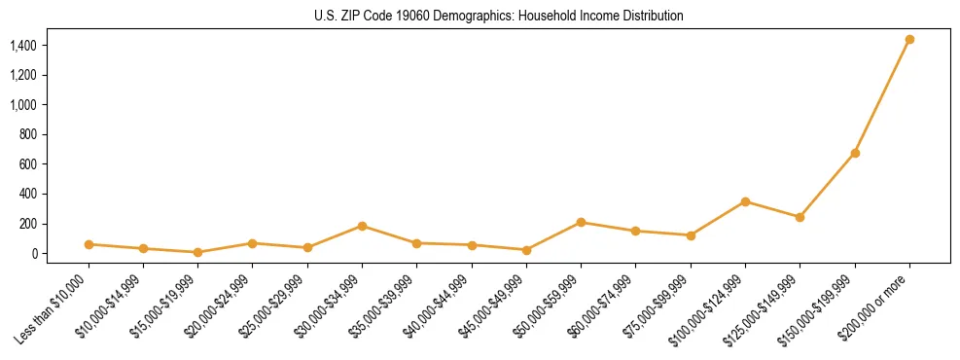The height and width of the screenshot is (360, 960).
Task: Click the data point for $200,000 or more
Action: tap(909, 40)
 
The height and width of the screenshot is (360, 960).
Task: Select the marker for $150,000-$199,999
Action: tap(855, 153)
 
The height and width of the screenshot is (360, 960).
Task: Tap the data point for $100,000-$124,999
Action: tap(745, 201)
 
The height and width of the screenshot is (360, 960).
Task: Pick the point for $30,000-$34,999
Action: tap(362, 226)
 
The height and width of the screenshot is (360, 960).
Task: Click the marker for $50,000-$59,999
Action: tap(581, 223)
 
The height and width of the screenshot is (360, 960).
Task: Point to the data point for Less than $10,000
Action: tap(89, 244)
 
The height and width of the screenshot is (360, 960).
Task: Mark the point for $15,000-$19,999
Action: tap(197, 252)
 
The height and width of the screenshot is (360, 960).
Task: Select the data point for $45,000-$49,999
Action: tap(526, 250)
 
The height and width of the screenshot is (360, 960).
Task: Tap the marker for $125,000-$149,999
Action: tap(800, 217)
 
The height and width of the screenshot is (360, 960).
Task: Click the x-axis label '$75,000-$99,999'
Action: tap(659, 306)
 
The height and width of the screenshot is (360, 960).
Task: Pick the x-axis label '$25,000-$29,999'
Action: tap(276, 306)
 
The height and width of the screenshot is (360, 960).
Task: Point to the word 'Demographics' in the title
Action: tap(464, 17)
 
